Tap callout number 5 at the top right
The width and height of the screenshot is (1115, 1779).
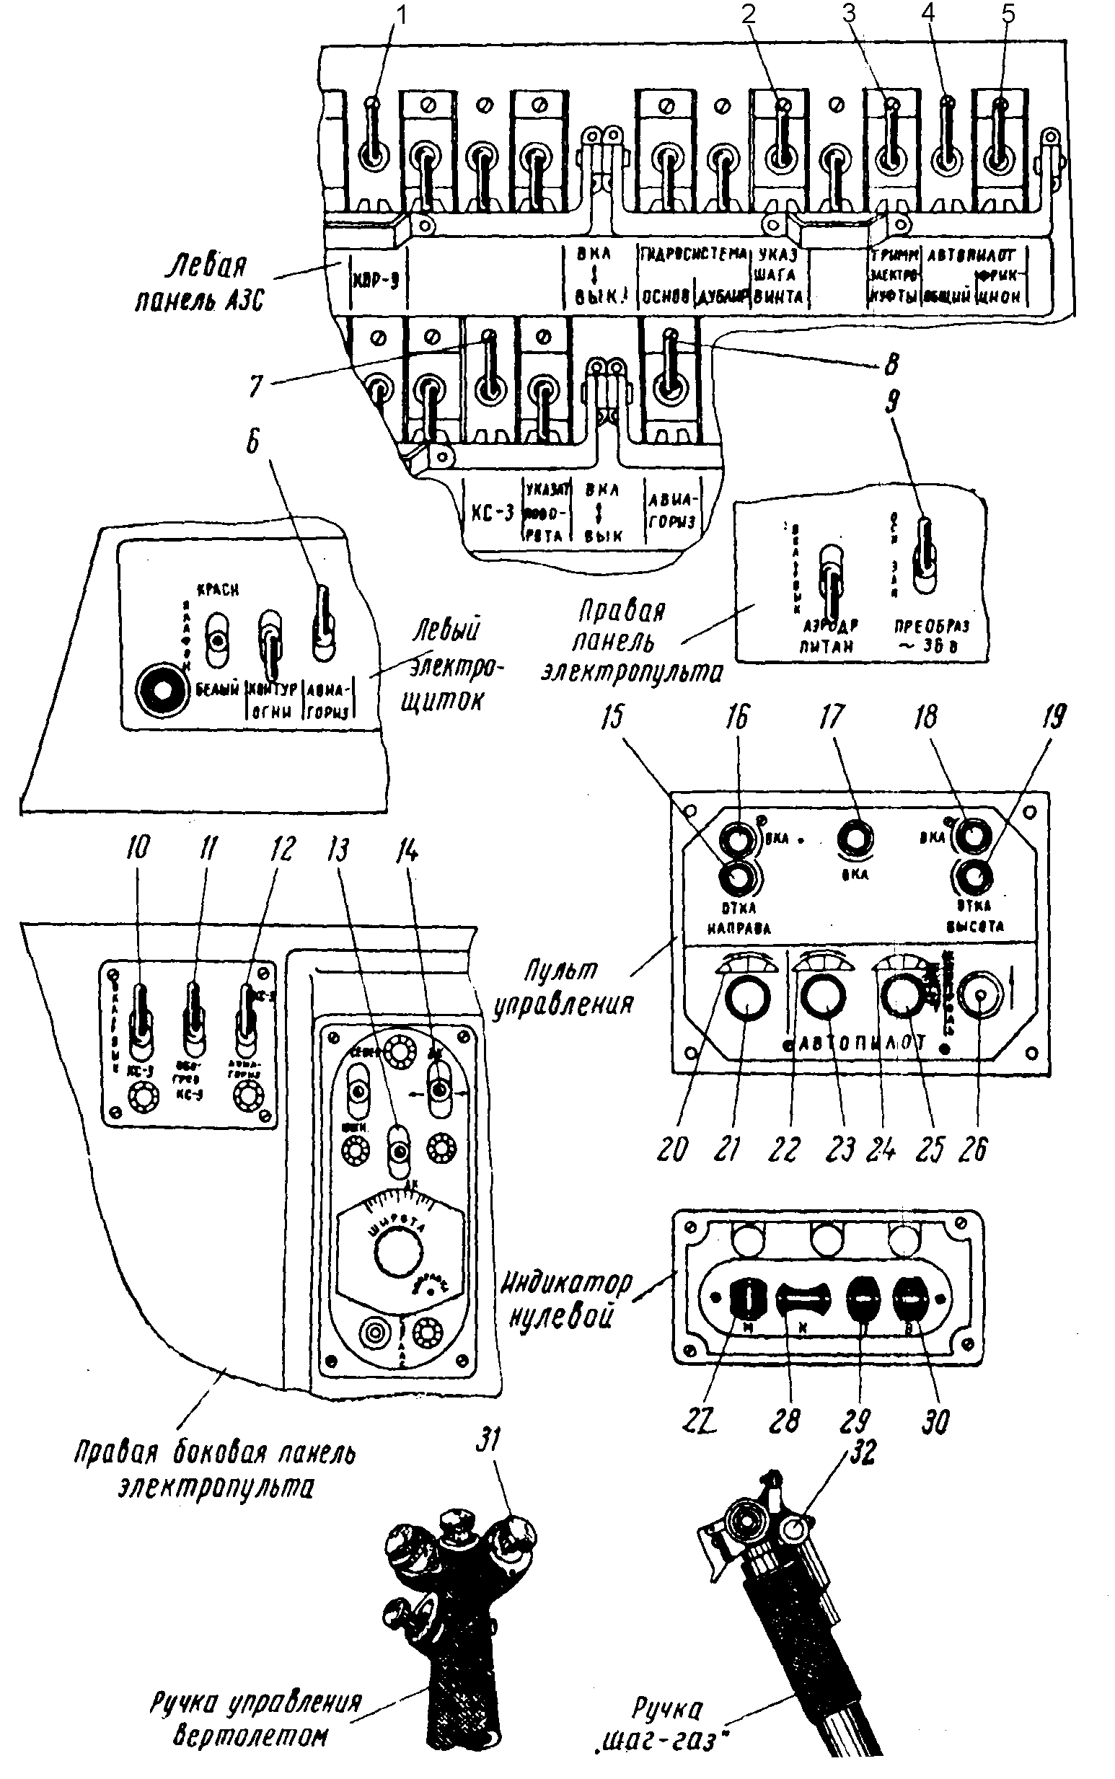click(1008, 14)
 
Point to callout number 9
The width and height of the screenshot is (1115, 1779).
click(893, 402)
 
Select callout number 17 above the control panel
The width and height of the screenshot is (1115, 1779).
click(831, 718)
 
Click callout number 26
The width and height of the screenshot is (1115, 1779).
click(974, 1150)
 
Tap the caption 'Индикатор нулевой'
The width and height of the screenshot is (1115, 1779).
click(566, 1299)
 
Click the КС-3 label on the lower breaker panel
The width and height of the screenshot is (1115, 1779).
click(491, 513)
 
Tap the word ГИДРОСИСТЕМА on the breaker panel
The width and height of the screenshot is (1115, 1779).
click(692, 255)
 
